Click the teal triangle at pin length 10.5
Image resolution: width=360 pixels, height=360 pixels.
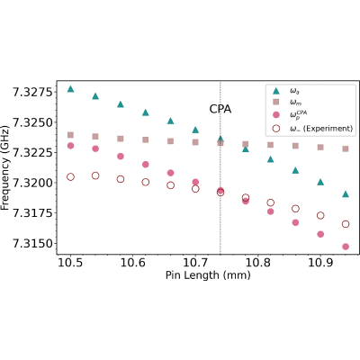click(70, 89)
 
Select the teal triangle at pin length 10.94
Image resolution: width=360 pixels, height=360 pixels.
click(346, 194)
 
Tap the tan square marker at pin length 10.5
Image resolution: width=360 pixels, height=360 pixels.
click(70, 135)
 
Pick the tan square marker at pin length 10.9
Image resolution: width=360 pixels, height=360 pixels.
click(320, 148)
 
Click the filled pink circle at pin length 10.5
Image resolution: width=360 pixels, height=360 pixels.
click(70, 146)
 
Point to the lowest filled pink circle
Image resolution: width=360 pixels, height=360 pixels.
click(346, 247)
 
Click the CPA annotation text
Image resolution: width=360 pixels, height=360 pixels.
click(220, 109)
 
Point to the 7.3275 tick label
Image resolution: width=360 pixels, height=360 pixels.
click(31, 92)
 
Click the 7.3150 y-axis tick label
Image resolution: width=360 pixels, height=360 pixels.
click(31, 244)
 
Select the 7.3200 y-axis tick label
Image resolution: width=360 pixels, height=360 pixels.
click(31, 183)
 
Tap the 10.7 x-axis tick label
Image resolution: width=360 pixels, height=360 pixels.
click(195, 263)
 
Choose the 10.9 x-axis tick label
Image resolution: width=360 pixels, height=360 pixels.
click(320, 263)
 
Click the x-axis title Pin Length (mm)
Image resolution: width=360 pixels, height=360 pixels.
click(208, 275)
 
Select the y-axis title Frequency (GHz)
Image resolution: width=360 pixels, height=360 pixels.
click(5, 167)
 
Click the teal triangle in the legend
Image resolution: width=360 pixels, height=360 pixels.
click(276, 91)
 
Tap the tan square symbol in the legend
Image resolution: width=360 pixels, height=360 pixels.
click(276, 102)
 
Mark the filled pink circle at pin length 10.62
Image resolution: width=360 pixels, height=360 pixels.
click(146, 165)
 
